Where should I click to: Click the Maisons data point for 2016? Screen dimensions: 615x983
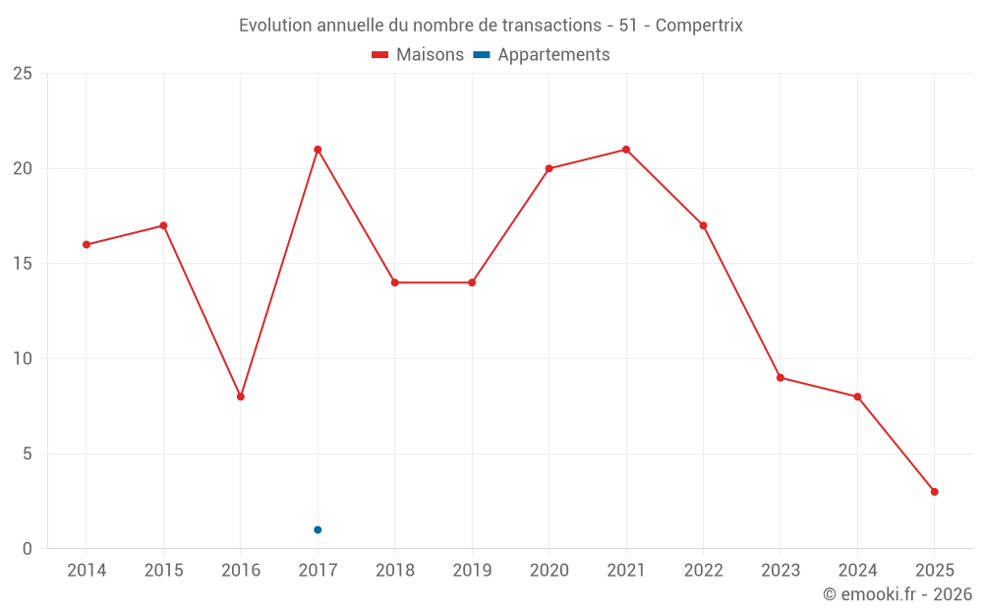coord(241,397)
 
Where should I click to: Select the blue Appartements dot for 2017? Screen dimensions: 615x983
coord(318,529)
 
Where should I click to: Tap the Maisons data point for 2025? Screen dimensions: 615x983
coord(934,492)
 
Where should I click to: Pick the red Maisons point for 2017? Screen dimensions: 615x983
coord(318,150)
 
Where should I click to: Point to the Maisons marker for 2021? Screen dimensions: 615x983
coord(626,150)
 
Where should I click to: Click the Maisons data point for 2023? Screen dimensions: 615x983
coord(781,378)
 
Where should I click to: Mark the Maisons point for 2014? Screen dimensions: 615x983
coord(87,244)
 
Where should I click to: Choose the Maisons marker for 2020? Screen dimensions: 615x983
coord(549,168)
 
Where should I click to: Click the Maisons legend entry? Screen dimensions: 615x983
coord(418,55)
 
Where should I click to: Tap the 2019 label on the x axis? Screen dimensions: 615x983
coord(472,571)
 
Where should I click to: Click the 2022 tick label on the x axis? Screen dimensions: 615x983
coord(703,571)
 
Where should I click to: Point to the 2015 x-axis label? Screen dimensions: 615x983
coord(163,571)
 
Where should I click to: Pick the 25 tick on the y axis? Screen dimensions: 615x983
coord(23,74)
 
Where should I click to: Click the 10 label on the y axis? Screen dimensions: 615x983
coord(23,359)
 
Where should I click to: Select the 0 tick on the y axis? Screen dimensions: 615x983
coord(28,549)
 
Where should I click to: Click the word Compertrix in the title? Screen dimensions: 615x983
coord(699,25)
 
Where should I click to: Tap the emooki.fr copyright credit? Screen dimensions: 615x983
coord(897,594)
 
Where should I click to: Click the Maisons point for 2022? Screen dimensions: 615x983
coord(703,225)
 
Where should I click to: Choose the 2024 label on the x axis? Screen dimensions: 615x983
coord(857,571)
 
